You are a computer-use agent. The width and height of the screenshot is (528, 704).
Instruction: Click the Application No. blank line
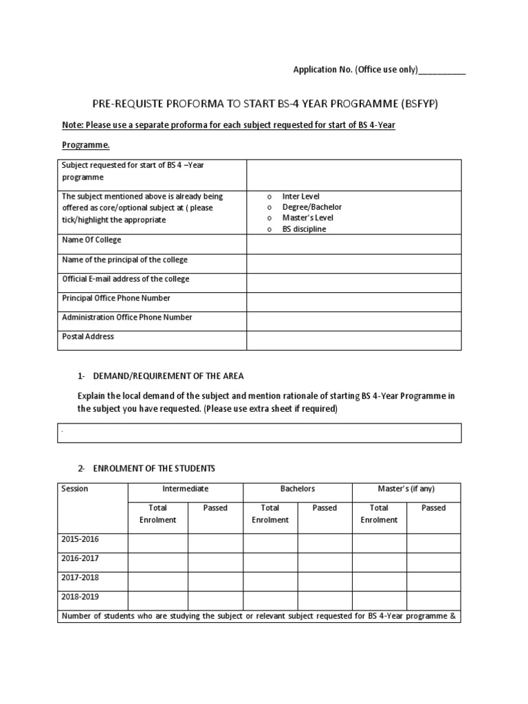pyautogui.click(x=442, y=71)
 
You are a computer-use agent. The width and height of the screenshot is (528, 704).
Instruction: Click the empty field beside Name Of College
pyautogui.click(x=353, y=243)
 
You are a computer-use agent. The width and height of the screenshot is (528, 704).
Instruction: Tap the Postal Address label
pyautogui.click(x=88, y=337)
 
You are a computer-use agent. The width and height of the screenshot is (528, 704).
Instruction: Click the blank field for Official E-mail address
pyautogui.click(x=353, y=282)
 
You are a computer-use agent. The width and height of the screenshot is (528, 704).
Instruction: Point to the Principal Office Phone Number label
pyautogui.click(x=116, y=298)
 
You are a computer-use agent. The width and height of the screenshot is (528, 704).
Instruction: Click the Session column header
pyautogui.click(x=75, y=489)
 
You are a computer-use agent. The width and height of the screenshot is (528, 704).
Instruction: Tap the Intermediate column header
pyautogui.click(x=185, y=489)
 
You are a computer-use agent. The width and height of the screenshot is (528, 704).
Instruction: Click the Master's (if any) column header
pyautogui.click(x=406, y=489)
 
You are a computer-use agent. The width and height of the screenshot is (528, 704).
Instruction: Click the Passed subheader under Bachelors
pyautogui.click(x=324, y=508)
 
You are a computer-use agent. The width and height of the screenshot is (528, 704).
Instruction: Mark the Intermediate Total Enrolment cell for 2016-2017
pyautogui.click(x=157, y=562)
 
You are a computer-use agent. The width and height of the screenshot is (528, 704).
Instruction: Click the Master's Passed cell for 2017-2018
pyautogui.click(x=433, y=582)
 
